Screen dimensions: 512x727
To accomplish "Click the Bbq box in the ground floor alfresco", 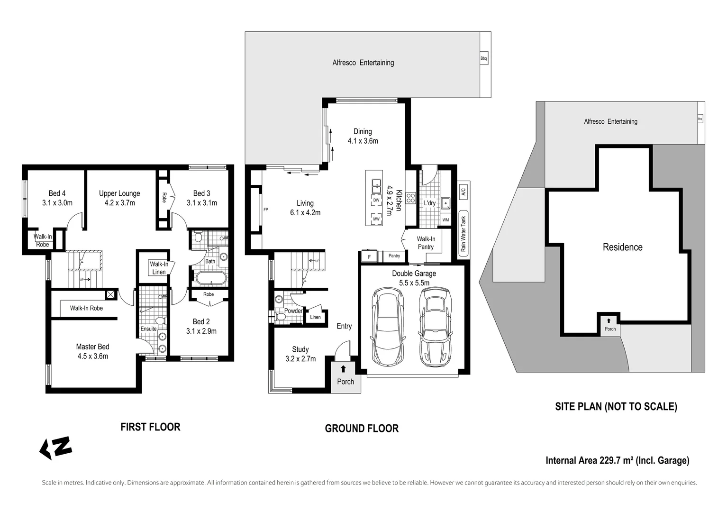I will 483,59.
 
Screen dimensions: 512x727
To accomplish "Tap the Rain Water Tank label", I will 463,234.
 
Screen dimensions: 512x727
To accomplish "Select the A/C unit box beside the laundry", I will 463,192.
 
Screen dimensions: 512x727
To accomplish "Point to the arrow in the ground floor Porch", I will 343,369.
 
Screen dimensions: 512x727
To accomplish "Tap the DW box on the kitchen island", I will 376,201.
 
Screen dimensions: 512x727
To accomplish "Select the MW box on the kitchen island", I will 376,219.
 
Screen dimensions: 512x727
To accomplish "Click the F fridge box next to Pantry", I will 369,256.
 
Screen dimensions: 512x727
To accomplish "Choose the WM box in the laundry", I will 445,220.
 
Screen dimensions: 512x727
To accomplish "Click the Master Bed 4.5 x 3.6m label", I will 93,351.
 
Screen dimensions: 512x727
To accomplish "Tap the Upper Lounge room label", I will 119,198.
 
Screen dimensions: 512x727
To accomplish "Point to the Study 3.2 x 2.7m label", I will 300,354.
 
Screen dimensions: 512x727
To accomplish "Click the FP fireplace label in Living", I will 265,209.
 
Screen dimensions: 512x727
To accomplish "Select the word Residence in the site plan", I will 622,247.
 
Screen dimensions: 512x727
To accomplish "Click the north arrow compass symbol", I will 55,448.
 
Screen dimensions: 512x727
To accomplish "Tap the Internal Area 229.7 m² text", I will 617,460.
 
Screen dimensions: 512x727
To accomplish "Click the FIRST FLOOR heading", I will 150,427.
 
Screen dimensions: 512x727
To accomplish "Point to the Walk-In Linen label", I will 159,268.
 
